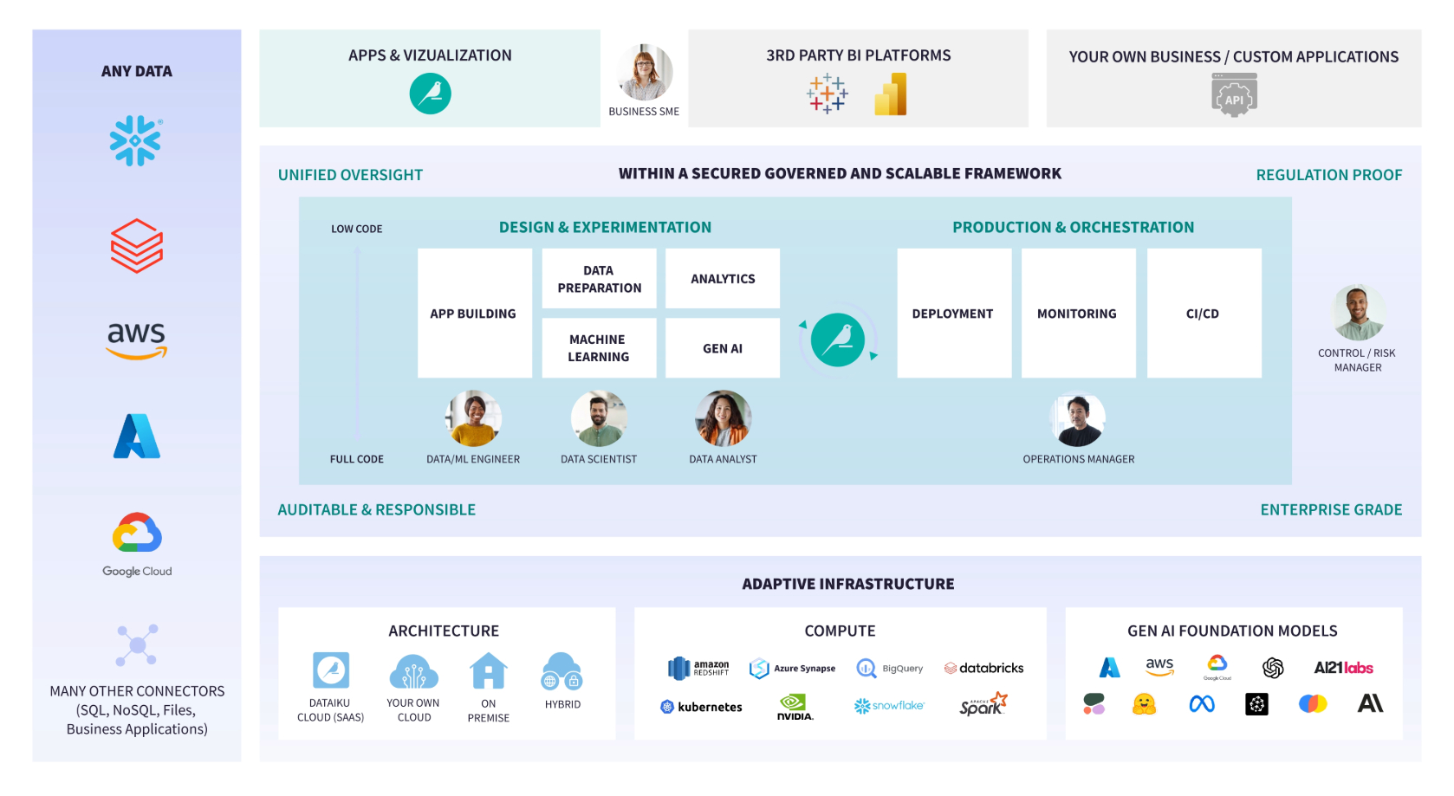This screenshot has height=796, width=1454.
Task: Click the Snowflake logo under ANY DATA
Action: click(x=136, y=140)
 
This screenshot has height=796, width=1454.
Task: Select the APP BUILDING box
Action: click(x=474, y=314)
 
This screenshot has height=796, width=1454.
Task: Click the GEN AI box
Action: click(x=723, y=348)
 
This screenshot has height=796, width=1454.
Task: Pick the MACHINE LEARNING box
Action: click(x=599, y=348)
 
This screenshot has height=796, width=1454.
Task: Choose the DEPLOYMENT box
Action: click(x=953, y=314)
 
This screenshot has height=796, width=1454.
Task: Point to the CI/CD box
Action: click(x=1203, y=314)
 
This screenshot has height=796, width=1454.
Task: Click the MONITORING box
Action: click(x=1077, y=314)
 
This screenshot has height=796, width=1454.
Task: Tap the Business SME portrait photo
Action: click(x=645, y=73)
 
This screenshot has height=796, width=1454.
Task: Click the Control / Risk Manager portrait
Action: click(x=1358, y=313)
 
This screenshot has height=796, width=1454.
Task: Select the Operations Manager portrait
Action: click(x=1078, y=420)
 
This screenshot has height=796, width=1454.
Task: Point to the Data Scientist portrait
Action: click(x=599, y=418)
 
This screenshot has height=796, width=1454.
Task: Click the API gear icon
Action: click(x=1234, y=95)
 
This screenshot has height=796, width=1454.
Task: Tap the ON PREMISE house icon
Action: click(x=489, y=671)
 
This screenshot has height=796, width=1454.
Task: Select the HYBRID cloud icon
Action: click(x=562, y=671)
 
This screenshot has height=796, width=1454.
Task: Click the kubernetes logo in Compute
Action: click(x=702, y=707)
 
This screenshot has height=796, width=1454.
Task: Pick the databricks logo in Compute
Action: click(x=983, y=668)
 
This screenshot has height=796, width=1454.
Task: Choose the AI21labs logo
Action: click(x=1343, y=668)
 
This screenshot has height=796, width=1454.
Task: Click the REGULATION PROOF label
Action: click(x=1328, y=175)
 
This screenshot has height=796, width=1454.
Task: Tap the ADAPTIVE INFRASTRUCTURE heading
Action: click(x=847, y=585)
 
